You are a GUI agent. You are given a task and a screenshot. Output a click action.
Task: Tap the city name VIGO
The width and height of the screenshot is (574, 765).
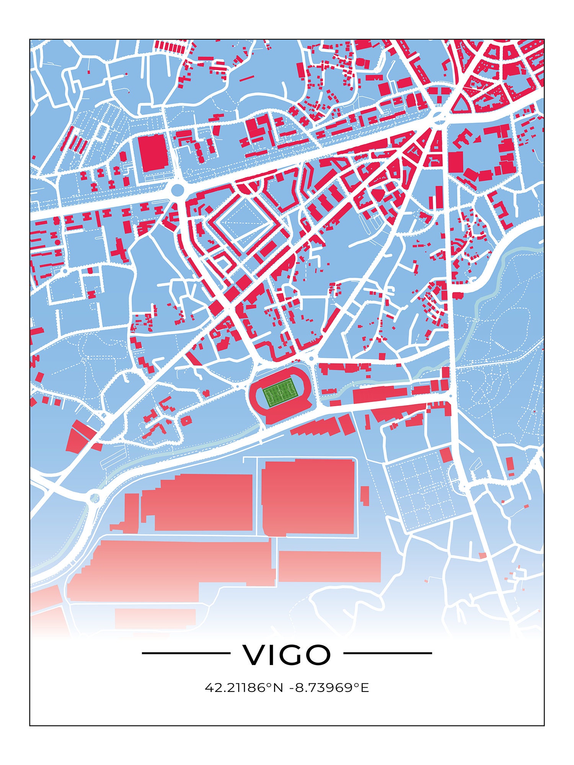[287, 655]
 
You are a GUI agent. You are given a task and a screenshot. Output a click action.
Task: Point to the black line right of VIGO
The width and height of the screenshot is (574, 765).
[387, 653]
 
